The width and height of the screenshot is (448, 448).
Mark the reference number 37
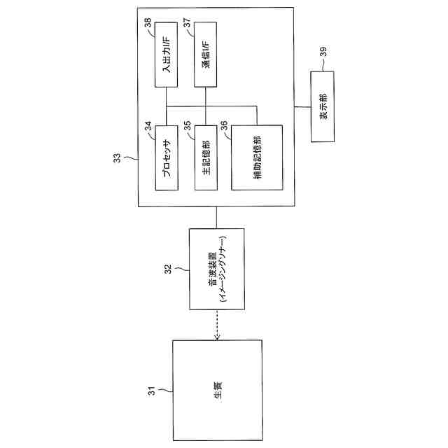click(187, 23)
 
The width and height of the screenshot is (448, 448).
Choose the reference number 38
click(148, 23)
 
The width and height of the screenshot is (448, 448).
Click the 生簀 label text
click(218, 390)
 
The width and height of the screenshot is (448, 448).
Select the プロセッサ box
click(167, 157)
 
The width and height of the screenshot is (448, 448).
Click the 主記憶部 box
click(206, 157)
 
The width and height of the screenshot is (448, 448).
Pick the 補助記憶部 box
click(257, 157)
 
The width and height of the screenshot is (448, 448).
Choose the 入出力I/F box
click(167, 54)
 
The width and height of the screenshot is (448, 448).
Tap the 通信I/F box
click(206, 55)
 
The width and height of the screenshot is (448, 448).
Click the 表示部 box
click(324, 106)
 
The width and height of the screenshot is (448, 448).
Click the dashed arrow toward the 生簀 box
click(218, 324)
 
